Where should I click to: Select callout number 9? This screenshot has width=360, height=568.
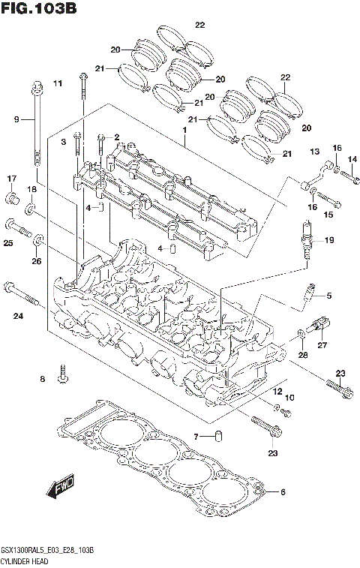click(x=16, y=119)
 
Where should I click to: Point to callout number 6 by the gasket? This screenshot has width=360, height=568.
click(x=283, y=492)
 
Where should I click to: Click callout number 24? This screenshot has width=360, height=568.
click(x=17, y=316)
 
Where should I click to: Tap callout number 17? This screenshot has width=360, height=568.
click(x=12, y=179)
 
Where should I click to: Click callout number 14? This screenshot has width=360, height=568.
click(x=352, y=158)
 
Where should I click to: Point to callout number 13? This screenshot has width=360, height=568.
click(x=314, y=152)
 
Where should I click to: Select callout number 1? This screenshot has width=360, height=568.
click(x=182, y=129)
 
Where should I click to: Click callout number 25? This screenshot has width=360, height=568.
click(x=8, y=243)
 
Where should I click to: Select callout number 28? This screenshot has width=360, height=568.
click(x=303, y=354)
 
